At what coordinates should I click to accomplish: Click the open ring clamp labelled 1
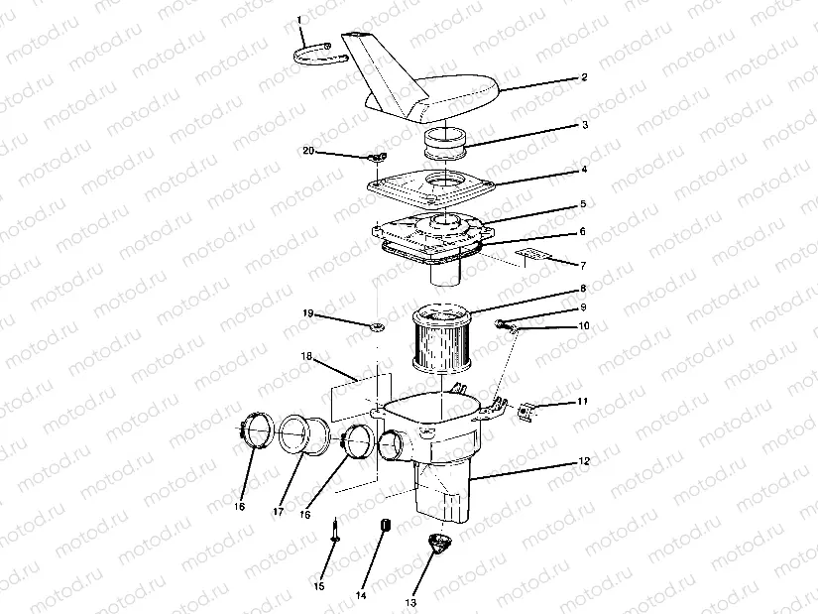point(319,53)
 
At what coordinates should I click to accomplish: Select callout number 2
point(584,76)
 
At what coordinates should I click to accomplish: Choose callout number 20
point(307,150)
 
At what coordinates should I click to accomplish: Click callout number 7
point(584,266)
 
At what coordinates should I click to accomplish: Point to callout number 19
point(307,312)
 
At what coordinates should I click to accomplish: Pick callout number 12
point(584,461)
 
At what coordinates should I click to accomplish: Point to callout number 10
point(584,325)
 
